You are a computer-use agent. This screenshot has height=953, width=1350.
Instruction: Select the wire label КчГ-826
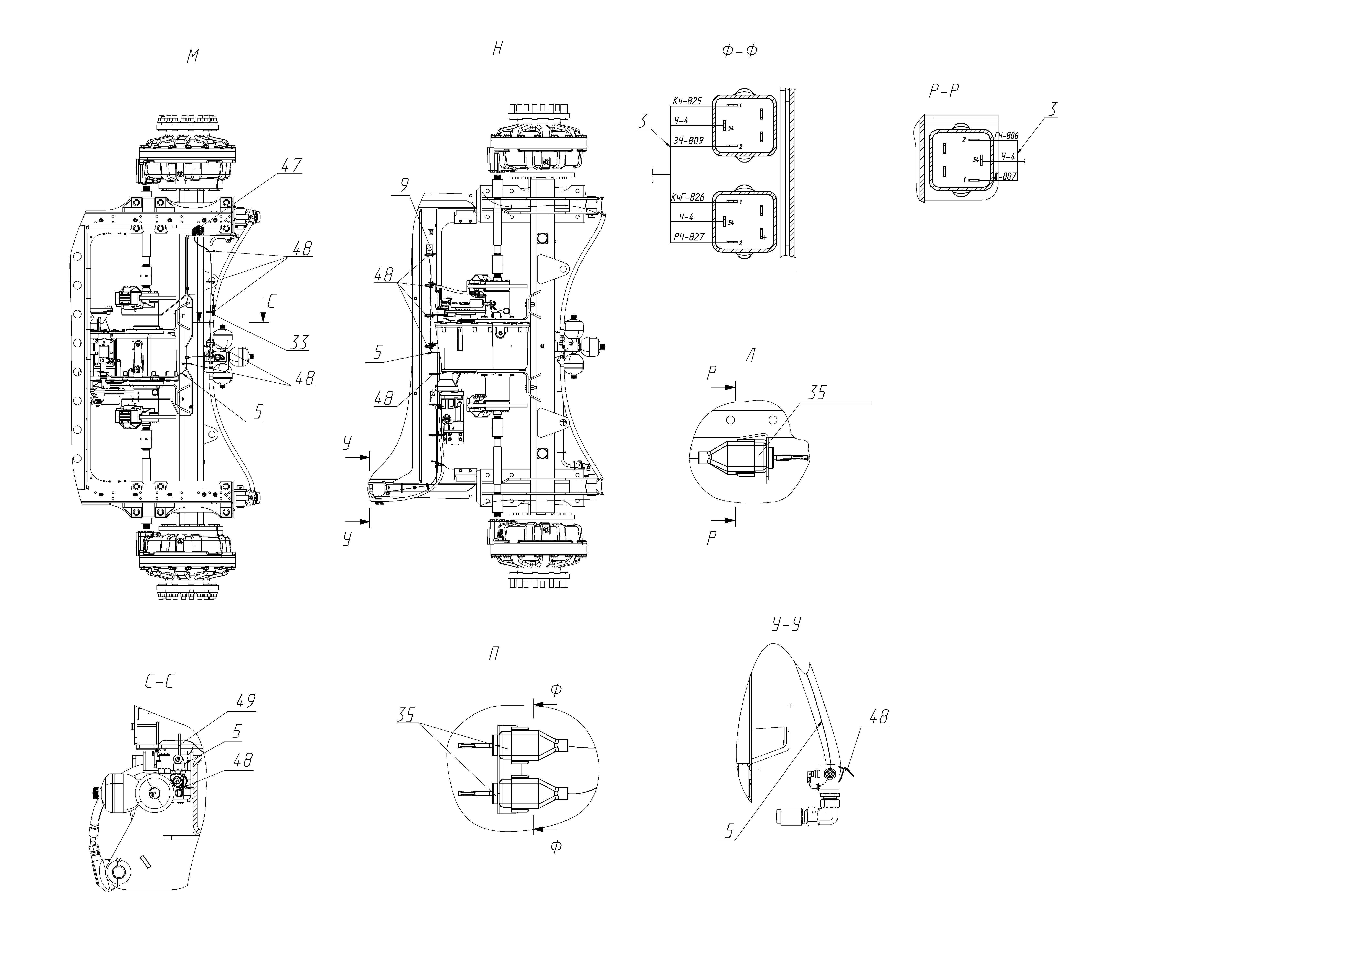coord(688,198)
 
